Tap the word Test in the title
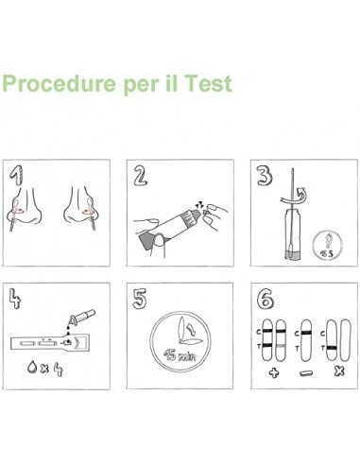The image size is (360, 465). [209, 83]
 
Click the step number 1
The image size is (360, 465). [16, 176]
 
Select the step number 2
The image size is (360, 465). [141, 175]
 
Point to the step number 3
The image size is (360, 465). [265, 175]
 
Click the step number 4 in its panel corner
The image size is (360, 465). [14, 298]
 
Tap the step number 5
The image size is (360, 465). [140, 299]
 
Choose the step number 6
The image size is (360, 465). [265, 299]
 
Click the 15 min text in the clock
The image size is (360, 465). [180, 355]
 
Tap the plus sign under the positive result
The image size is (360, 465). [274, 373]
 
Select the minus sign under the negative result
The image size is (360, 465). [305, 373]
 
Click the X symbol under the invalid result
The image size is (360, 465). [339, 371]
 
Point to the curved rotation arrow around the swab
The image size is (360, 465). [295, 198]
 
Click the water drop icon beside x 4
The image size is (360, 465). [32, 367]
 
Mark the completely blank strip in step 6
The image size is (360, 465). [346, 340]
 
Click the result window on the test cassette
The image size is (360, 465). [47, 343]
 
